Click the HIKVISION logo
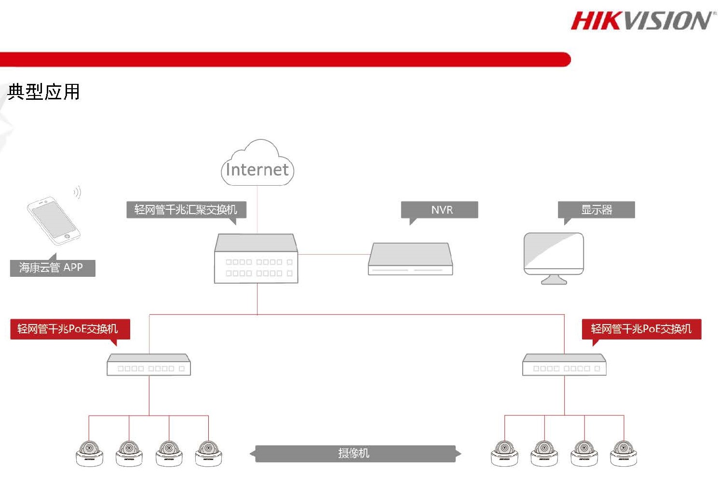coord(643,21)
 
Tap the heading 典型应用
coord(43,92)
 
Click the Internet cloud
coord(257,163)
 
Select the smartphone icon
coord(54,221)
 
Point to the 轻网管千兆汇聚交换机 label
coord(186,210)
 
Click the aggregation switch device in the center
coord(256,258)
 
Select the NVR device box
coord(410,259)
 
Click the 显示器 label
coord(596,210)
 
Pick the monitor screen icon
coord(554,258)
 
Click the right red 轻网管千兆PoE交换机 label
coord(642,329)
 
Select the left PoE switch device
coord(149,365)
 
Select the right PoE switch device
coord(564,365)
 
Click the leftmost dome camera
coord(89,453)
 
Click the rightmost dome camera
coord(623,453)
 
